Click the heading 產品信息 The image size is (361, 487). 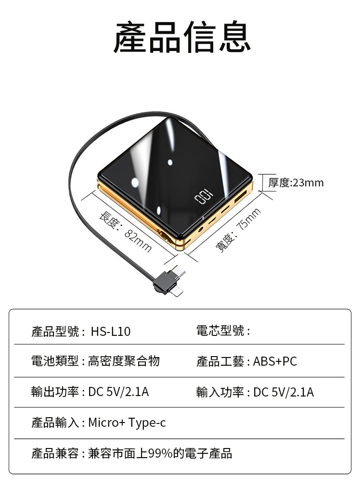pos(182,37)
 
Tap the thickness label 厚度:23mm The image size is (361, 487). pos(296,182)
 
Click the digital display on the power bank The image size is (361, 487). pos(203,197)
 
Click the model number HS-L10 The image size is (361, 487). pos(110,332)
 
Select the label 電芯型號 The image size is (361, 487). pos(220,331)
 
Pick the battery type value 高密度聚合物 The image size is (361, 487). pos(124,361)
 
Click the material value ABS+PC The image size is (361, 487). pos(275,361)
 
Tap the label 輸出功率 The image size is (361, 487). pos(55,392)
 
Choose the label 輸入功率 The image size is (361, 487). pos(220,392)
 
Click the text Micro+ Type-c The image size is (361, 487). pos(127,423)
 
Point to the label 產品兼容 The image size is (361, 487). pos(55,453)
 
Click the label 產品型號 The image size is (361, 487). pos(55,332)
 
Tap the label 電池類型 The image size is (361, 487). pos(55,361)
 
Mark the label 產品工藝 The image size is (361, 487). pos(220,361)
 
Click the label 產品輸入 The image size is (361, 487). pos(55,423)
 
